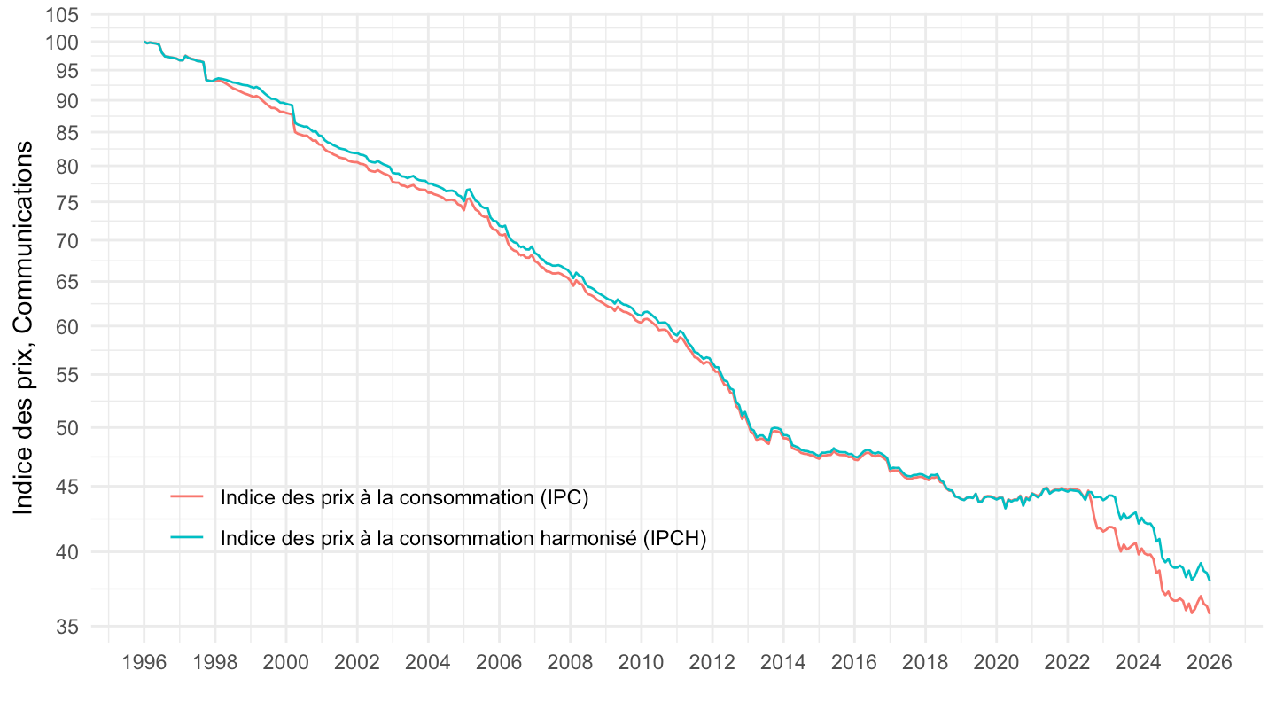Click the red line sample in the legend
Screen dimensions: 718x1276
[187, 497]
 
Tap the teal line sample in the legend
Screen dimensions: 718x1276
[187, 538]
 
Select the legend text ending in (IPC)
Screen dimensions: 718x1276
[405, 497]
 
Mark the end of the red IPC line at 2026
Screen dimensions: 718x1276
[1210, 613]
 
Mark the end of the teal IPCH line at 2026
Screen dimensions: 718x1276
[1210, 581]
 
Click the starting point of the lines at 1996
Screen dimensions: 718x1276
[144, 43]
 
